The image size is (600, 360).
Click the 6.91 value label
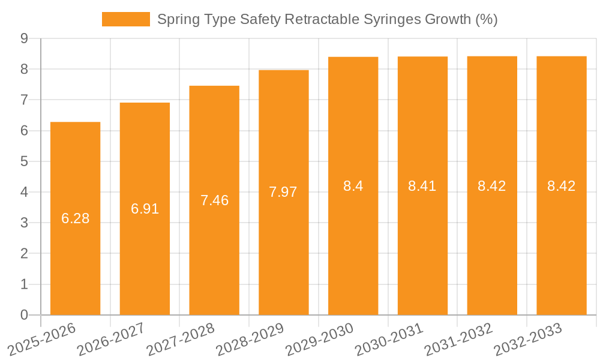[145, 209]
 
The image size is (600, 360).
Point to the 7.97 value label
[283, 192]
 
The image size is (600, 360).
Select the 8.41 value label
[422, 186]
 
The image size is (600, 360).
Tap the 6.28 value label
[75, 218]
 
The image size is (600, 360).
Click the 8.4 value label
[353, 186]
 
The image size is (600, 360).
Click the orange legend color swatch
[126, 19]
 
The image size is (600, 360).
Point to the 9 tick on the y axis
[24, 38]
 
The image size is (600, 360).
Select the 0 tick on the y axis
[24, 315]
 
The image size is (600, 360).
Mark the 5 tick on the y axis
[24, 161]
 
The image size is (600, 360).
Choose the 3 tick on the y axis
[24, 223]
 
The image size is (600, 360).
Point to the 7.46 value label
[214, 200]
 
